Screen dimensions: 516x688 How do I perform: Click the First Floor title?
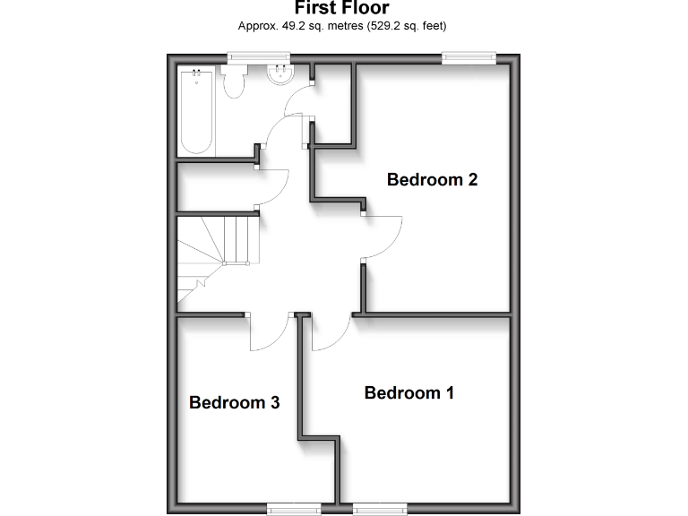[x=342, y=9]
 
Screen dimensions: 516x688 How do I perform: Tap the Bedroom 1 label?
[x=409, y=392]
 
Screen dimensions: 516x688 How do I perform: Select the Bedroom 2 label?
[x=432, y=179]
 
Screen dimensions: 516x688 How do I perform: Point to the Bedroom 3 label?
[x=235, y=402]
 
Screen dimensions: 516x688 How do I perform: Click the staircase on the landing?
[x=216, y=252]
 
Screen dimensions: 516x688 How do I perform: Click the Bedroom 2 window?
[x=469, y=58]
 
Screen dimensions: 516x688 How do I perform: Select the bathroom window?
[x=261, y=58]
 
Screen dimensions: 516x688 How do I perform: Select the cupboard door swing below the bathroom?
[x=272, y=186]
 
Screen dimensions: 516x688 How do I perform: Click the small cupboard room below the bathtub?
[x=215, y=186]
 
